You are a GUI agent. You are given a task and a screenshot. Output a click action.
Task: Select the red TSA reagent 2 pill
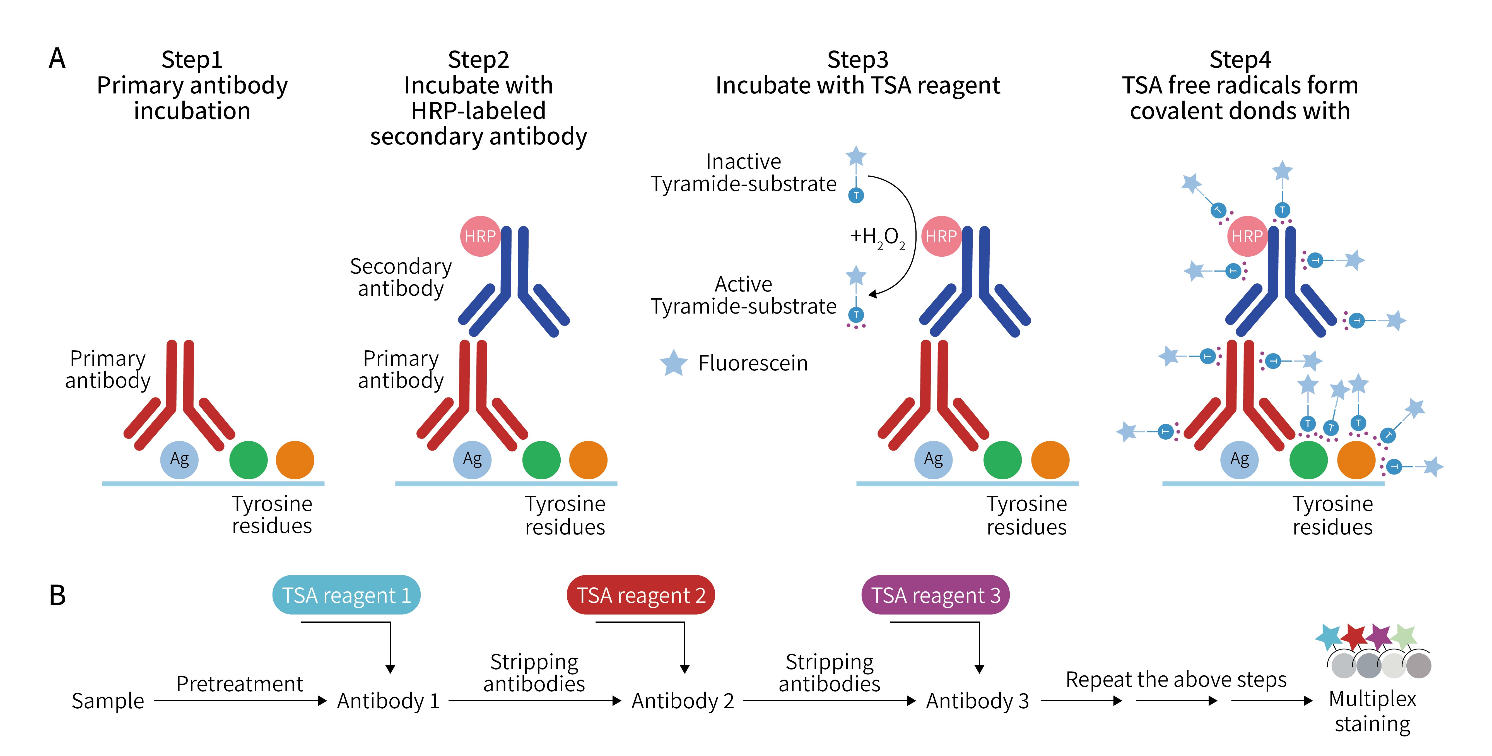[641, 595]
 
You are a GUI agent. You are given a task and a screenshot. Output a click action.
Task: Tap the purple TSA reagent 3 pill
[936, 595]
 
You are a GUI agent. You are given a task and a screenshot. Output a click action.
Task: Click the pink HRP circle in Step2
[480, 236]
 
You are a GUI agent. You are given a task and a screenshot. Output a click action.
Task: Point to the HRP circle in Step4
[1247, 236]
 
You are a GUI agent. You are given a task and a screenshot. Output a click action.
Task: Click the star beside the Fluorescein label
[674, 363]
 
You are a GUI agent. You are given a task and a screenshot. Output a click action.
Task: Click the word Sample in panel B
[108, 701]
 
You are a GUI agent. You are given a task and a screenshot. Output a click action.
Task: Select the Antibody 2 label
[682, 701]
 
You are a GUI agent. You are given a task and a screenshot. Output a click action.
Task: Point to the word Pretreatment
[239, 683]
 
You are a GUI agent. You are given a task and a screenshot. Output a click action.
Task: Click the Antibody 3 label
[977, 701]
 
